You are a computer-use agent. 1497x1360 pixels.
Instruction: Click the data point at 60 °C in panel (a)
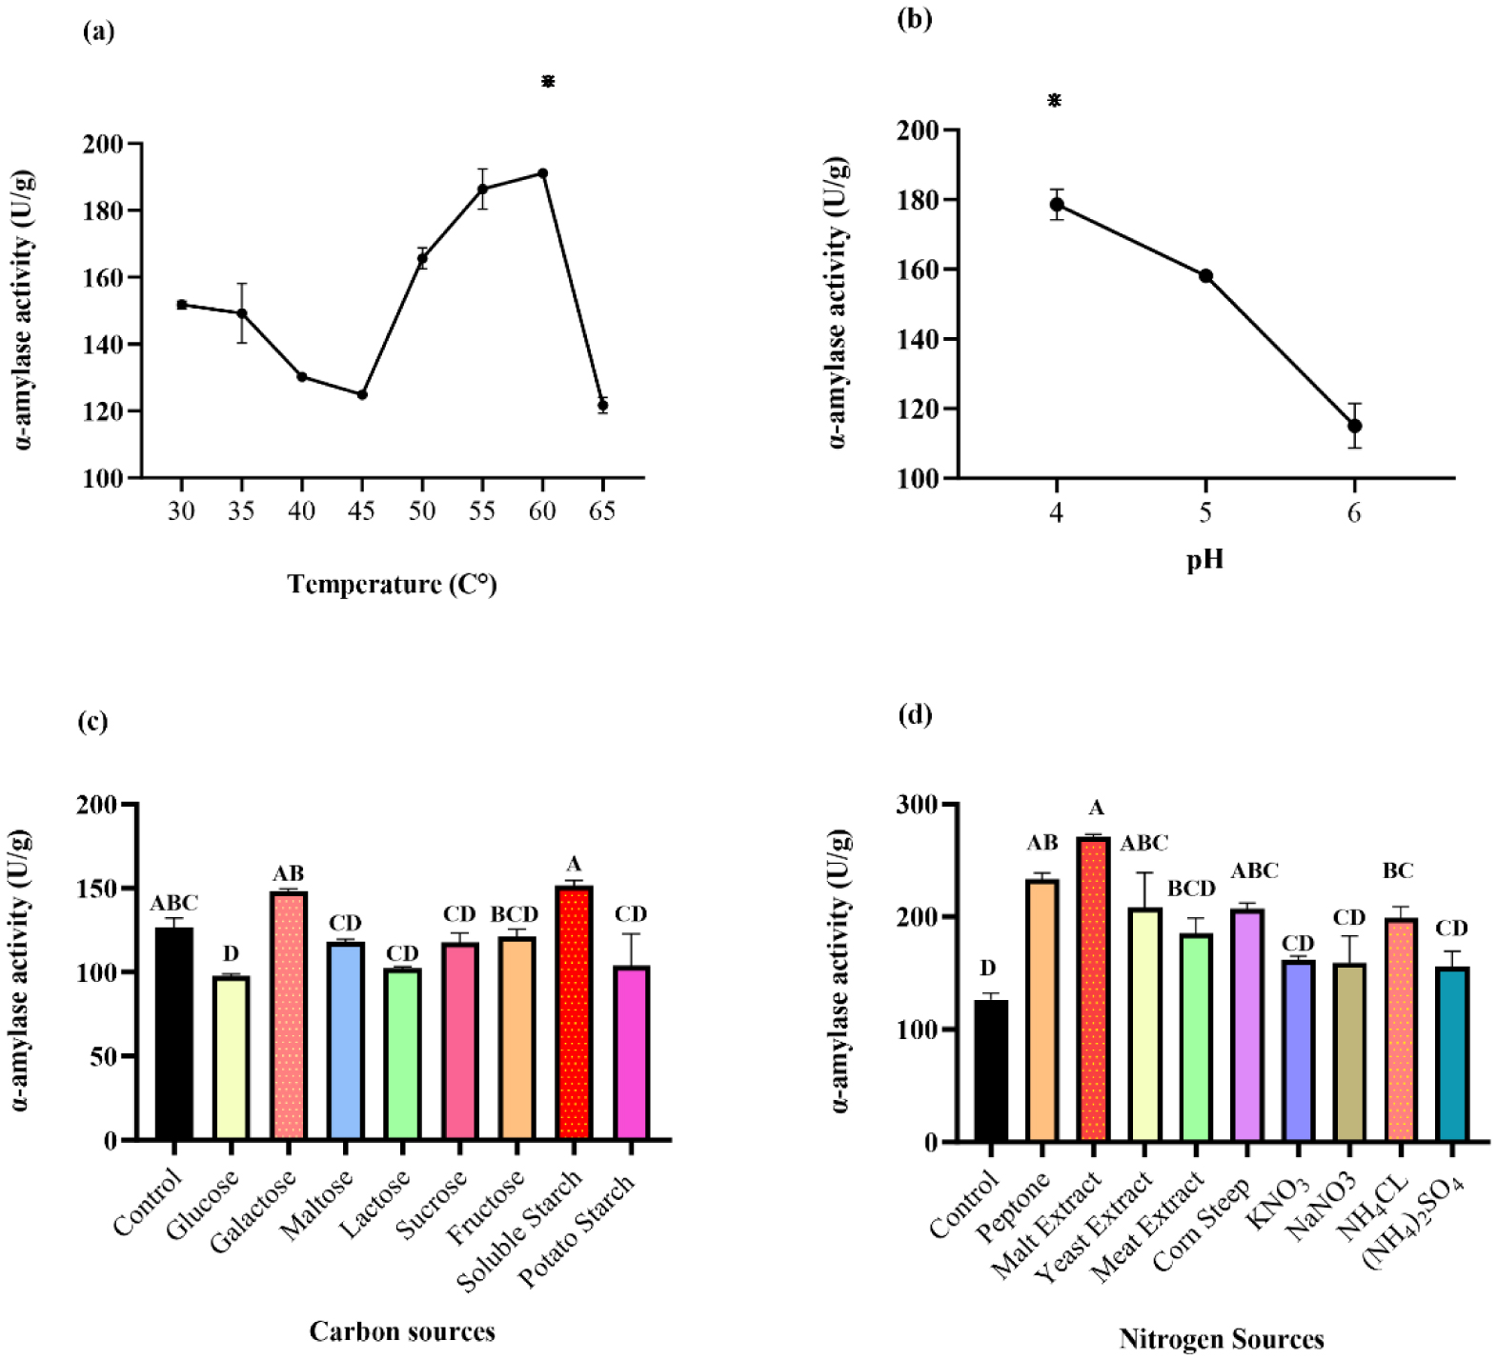(542, 173)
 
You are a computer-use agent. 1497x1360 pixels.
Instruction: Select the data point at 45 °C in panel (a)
(362, 394)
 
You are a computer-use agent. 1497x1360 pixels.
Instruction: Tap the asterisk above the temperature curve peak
(548, 82)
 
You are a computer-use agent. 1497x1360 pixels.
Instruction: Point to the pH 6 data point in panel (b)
(1354, 426)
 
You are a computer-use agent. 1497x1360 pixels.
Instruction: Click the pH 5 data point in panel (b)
(1205, 276)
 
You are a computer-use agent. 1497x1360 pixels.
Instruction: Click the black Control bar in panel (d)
(991, 1070)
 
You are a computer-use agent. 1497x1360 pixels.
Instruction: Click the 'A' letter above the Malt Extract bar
(1097, 809)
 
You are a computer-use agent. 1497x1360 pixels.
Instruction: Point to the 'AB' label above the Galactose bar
(289, 874)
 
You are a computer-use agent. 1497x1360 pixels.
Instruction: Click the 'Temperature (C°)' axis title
(393, 584)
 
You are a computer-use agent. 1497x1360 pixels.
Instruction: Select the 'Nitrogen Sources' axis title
(1222, 1339)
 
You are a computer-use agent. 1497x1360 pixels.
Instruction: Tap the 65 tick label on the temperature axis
(602, 511)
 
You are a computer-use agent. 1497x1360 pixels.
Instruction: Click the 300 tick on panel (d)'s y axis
(916, 805)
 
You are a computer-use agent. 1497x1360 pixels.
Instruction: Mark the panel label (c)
(92, 721)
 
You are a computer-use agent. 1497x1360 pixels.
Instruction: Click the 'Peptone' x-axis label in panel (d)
(1013, 1207)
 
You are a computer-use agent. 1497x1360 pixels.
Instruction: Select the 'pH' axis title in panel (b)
(1204, 559)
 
